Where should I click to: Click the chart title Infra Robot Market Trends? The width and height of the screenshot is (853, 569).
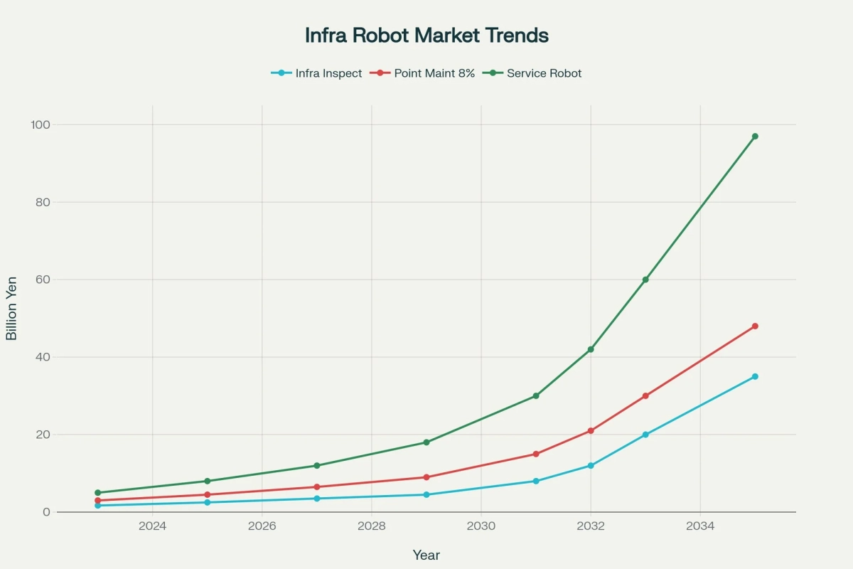426,36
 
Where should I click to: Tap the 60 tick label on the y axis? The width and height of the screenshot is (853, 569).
43,280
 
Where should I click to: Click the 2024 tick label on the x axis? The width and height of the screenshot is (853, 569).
152,526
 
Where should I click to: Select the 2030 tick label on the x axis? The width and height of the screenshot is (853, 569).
481,526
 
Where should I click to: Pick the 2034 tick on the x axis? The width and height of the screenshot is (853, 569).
700,526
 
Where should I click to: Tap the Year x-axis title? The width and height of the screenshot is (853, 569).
426,555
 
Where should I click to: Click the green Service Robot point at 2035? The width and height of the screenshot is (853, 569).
755,136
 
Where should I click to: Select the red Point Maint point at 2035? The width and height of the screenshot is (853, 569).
755,326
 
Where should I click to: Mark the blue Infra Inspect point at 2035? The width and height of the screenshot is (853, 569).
755,376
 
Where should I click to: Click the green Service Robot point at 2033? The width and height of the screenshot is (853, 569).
645,280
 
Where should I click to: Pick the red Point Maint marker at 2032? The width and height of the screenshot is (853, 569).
591,431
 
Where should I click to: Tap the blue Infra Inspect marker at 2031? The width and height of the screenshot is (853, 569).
536,481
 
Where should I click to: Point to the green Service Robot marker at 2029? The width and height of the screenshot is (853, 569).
426,442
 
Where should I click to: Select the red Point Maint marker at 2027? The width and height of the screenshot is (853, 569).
317,487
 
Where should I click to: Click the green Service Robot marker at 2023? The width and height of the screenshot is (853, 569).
98,493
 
